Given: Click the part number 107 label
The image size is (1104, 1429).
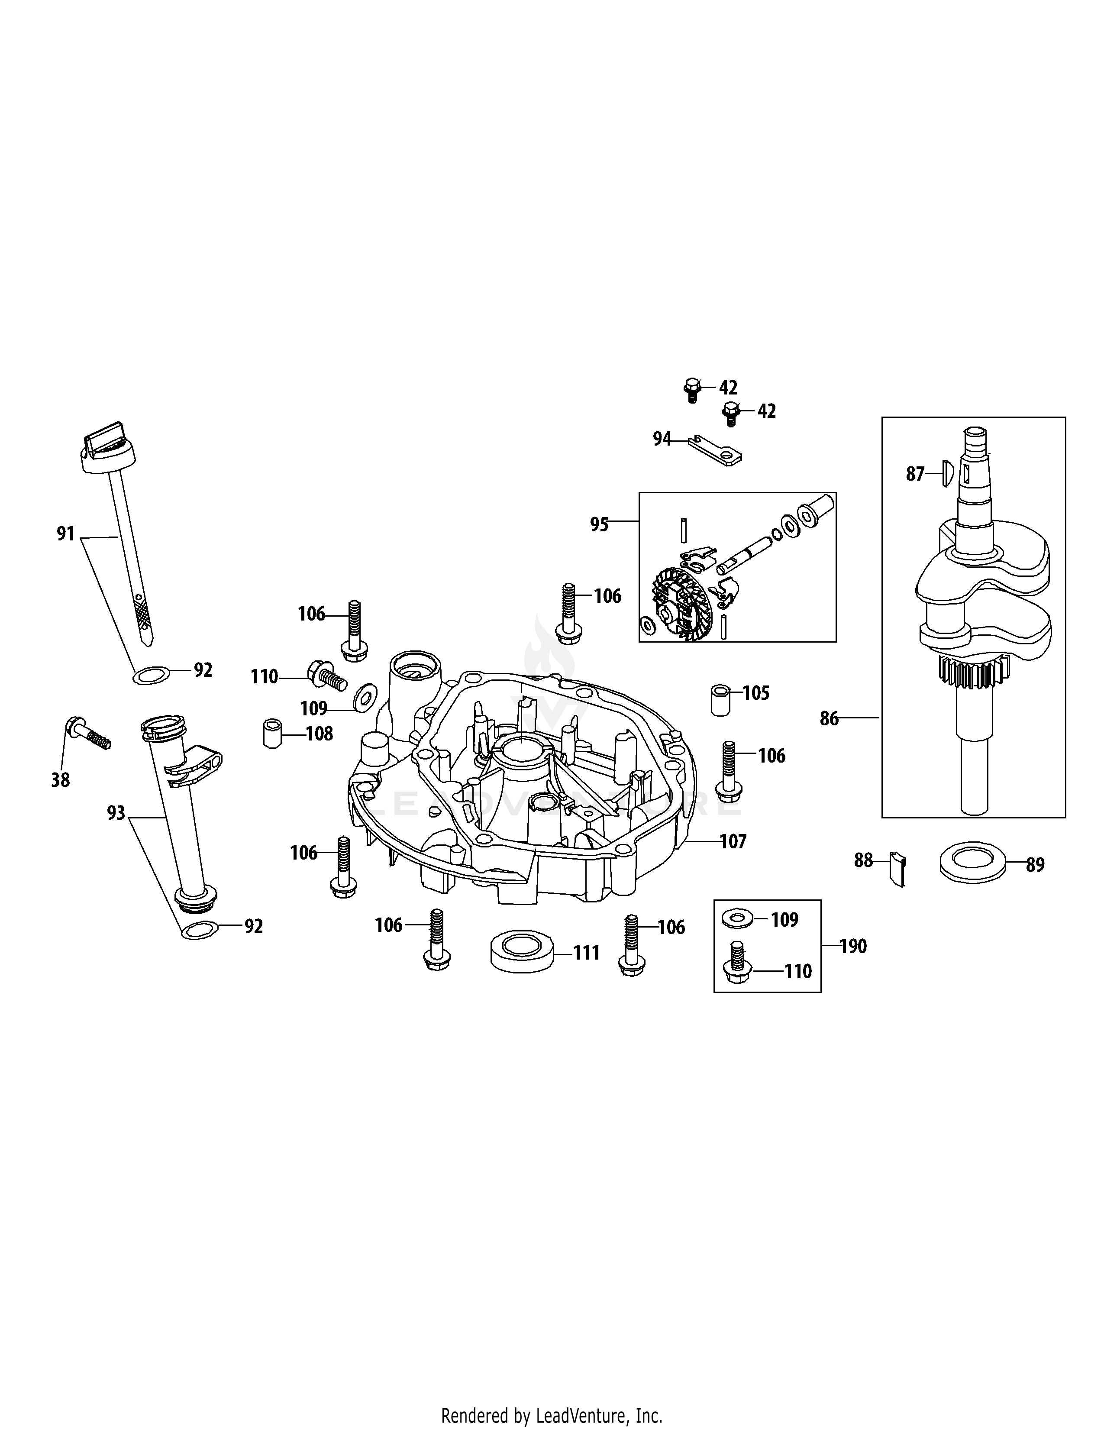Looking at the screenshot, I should click(733, 841).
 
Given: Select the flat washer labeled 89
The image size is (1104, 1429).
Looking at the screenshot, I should click(971, 862).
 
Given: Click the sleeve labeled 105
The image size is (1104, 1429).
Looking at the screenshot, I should click(720, 700).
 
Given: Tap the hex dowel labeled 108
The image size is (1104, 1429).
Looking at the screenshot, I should click(272, 734).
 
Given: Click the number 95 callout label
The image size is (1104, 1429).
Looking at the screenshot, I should click(599, 524).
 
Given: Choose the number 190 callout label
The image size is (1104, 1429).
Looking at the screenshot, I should click(853, 946).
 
